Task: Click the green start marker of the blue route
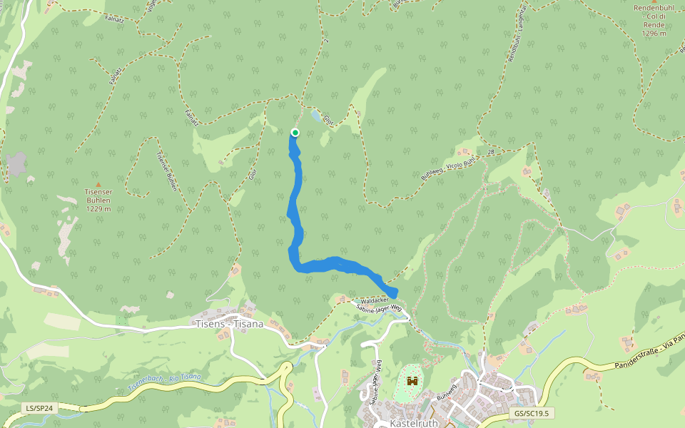click(x=295, y=132)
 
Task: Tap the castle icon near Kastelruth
click(x=412, y=382)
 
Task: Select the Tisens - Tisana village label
click(x=229, y=323)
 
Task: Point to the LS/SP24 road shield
click(x=40, y=408)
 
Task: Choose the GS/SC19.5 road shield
click(x=533, y=413)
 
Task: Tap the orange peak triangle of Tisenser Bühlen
click(x=98, y=185)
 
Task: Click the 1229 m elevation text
click(x=98, y=208)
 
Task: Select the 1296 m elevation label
click(x=654, y=33)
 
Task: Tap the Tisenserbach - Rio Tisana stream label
click(x=164, y=382)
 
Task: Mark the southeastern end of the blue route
click(x=392, y=292)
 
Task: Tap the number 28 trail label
click(x=491, y=152)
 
